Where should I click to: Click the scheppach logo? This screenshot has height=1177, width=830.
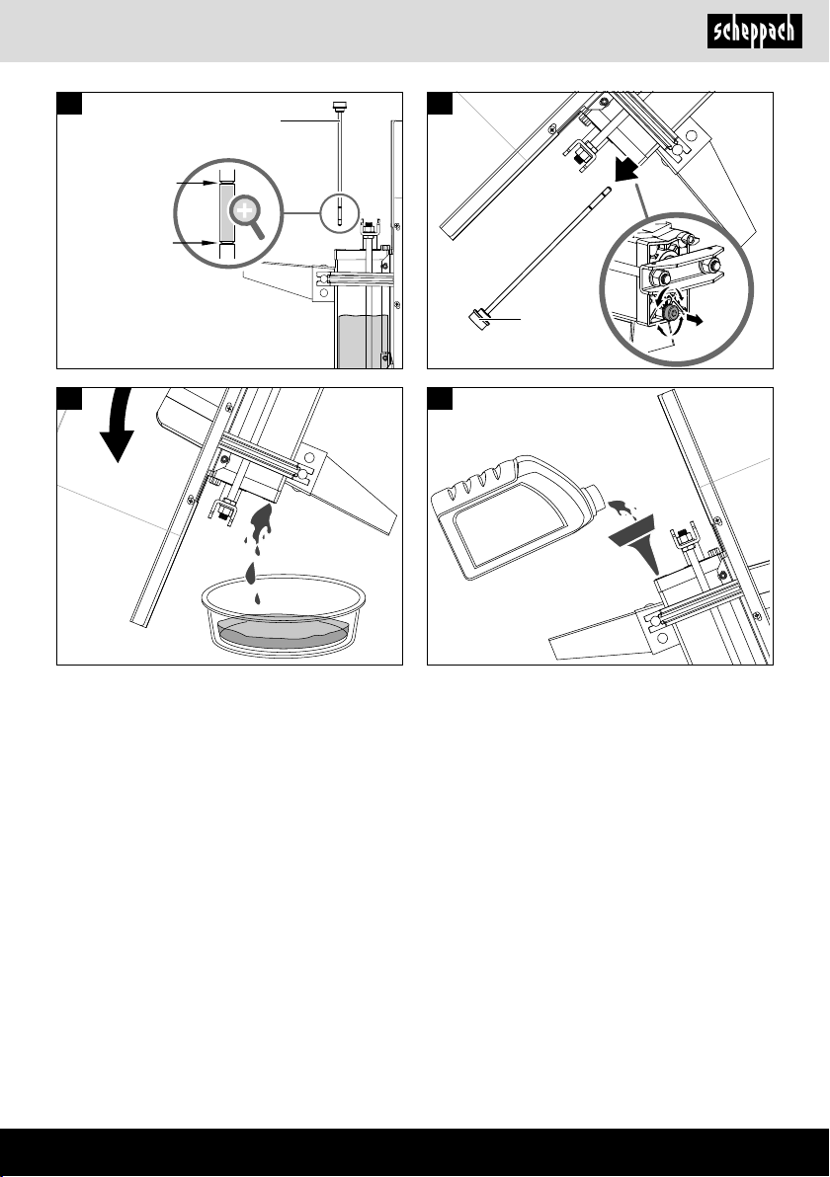(x=754, y=33)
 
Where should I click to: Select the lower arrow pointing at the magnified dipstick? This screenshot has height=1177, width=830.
(x=197, y=243)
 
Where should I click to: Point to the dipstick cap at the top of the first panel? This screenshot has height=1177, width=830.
(x=339, y=105)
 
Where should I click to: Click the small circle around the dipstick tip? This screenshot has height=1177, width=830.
(x=339, y=211)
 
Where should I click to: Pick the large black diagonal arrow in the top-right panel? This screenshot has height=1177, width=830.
(x=624, y=168)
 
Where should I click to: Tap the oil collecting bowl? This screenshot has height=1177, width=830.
(x=284, y=615)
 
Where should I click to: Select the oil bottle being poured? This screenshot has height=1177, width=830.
(x=518, y=516)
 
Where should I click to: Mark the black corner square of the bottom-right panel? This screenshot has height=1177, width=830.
(x=440, y=399)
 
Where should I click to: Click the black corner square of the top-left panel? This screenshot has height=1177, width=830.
(x=70, y=103)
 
